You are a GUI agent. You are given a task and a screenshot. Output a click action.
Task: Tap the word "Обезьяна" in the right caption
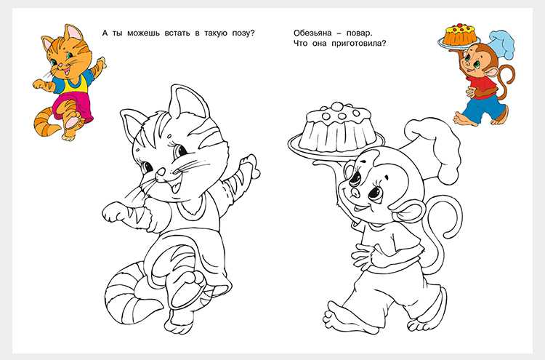(312, 33)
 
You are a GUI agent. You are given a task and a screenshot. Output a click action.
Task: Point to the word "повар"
(359, 33)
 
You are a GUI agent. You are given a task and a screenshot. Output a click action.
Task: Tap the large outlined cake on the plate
(336, 127)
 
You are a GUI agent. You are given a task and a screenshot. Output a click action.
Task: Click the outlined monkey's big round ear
(411, 212)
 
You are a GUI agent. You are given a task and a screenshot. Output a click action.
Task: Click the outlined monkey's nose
(355, 192)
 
